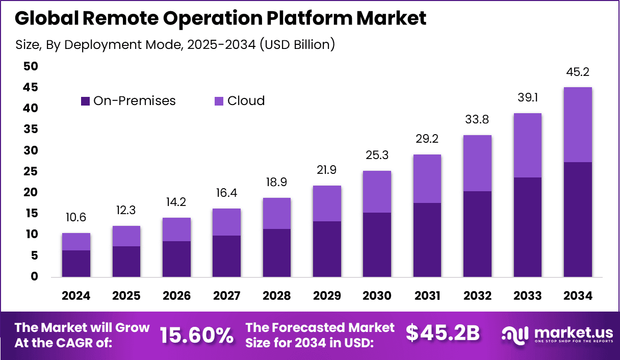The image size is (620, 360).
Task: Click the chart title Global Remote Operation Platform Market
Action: (x=220, y=19)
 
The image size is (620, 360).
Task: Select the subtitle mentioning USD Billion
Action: (x=175, y=45)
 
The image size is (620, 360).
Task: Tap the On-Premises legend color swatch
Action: (x=86, y=101)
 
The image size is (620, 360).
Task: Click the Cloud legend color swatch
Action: (x=219, y=101)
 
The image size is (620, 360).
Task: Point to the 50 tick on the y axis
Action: (x=31, y=66)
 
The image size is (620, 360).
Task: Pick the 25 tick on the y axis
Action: (x=31, y=171)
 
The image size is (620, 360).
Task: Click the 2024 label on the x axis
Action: (x=76, y=296)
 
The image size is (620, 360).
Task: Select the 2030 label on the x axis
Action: (x=377, y=296)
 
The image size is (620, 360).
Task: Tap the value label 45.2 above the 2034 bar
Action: (x=578, y=72)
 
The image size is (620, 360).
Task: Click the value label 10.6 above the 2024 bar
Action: (x=76, y=218)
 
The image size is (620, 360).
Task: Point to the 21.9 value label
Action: (x=327, y=170)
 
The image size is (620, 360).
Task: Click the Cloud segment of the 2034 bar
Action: (x=578, y=124)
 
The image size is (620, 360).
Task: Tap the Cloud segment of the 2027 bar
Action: (x=226, y=222)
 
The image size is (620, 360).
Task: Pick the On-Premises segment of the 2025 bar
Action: (x=126, y=262)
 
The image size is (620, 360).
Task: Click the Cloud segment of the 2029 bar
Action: (x=327, y=203)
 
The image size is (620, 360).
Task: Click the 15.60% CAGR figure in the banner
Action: (x=197, y=335)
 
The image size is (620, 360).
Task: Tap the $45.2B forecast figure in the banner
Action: (x=443, y=333)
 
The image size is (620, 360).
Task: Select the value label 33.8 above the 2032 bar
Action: (x=477, y=120)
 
